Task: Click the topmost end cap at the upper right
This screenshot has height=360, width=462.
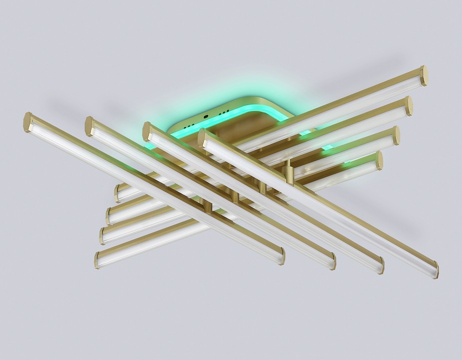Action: click(424, 75)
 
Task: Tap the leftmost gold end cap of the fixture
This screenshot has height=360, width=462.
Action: click(27, 122)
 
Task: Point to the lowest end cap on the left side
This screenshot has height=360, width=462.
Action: click(97, 260)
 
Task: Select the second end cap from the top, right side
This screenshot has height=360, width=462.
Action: click(409, 106)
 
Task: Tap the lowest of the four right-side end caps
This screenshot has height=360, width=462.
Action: click(380, 160)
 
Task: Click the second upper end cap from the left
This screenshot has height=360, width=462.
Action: click(89, 126)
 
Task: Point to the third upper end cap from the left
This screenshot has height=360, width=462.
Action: click(147, 131)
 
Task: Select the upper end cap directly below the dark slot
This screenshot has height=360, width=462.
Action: click(202, 137)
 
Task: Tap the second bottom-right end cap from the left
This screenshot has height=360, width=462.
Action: click(332, 261)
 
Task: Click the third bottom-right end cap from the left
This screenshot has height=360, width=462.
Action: click(381, 265)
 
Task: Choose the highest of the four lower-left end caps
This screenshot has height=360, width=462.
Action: click(118, 193)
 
